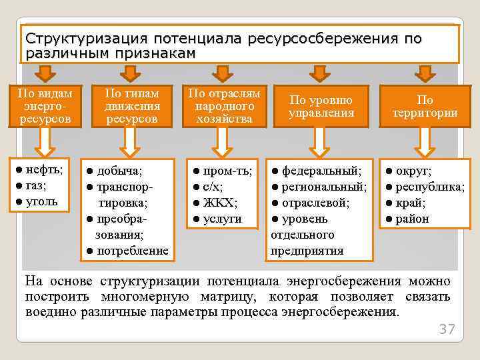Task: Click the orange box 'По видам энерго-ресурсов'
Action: coord(43,106)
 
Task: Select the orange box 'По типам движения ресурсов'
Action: coord(131,106)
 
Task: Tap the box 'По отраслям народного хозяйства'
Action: coord(225,106)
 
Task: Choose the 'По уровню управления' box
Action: coord(321,107)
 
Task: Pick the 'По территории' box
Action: coord(425,107)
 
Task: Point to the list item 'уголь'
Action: coord(41,201)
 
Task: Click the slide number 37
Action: coord(447,329)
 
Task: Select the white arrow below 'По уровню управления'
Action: coord(321,142)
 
